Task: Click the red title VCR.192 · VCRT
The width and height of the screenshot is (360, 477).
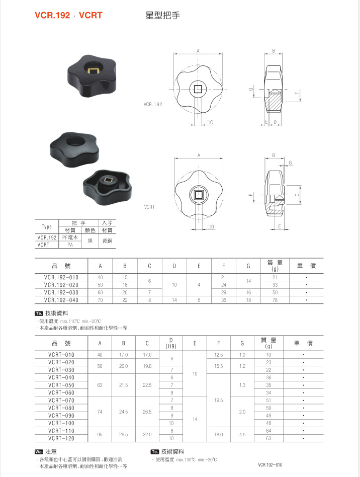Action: [x=68, y=16]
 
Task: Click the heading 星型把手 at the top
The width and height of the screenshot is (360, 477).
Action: [x=162, y=16]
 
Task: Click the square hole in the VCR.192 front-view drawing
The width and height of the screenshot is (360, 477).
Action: [x=199, y=89]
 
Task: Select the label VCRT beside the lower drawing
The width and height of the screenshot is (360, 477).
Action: [x=149, y=206]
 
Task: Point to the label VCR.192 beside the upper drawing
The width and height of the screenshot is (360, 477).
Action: [x=153, y=105]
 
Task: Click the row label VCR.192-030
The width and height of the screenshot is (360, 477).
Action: [x=61, y=292]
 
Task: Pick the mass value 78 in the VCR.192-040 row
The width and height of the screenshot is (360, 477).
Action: [x=275, y=300]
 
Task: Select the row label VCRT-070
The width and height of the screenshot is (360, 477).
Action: [x=61, y=400]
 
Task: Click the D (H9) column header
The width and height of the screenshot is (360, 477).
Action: [x=171, y=343]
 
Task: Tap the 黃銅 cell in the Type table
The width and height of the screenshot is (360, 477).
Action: [x=107, y=241]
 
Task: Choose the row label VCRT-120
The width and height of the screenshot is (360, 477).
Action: [x=61, y=438]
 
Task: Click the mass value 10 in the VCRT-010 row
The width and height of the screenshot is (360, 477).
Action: [x=268, y=355]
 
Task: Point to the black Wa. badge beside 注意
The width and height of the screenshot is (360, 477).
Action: [x=39, y=451]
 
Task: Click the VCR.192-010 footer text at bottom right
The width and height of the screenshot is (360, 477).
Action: [x=271, y=465]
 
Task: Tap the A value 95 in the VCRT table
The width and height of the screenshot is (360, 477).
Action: [x=100, y=434]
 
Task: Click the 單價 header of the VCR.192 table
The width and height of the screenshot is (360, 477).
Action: [x=306, y=265]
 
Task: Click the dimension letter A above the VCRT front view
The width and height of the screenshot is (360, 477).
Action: [x=199, y=155]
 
